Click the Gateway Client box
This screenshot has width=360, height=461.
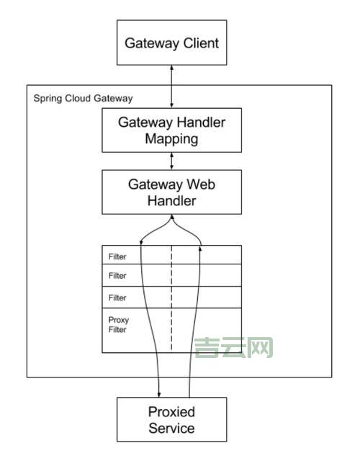171,42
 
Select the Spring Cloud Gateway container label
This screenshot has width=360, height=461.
83,97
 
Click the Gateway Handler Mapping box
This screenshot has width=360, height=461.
171,130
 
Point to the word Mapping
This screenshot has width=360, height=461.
171,139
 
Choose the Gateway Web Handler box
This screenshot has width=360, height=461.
171,192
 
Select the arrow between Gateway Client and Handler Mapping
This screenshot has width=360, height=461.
171,86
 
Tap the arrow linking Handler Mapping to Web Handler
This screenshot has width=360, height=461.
171,161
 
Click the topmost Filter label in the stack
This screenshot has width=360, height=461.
117,256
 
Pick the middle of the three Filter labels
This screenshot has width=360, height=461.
117,276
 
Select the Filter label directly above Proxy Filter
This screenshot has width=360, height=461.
117,297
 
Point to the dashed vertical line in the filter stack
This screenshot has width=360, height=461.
171,299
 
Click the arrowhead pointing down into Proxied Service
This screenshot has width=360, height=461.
159,393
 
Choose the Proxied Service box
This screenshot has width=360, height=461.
171,420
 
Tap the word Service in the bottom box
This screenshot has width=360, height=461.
171,429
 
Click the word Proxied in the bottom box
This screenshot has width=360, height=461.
171,412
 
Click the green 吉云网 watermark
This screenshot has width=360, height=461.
234,349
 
